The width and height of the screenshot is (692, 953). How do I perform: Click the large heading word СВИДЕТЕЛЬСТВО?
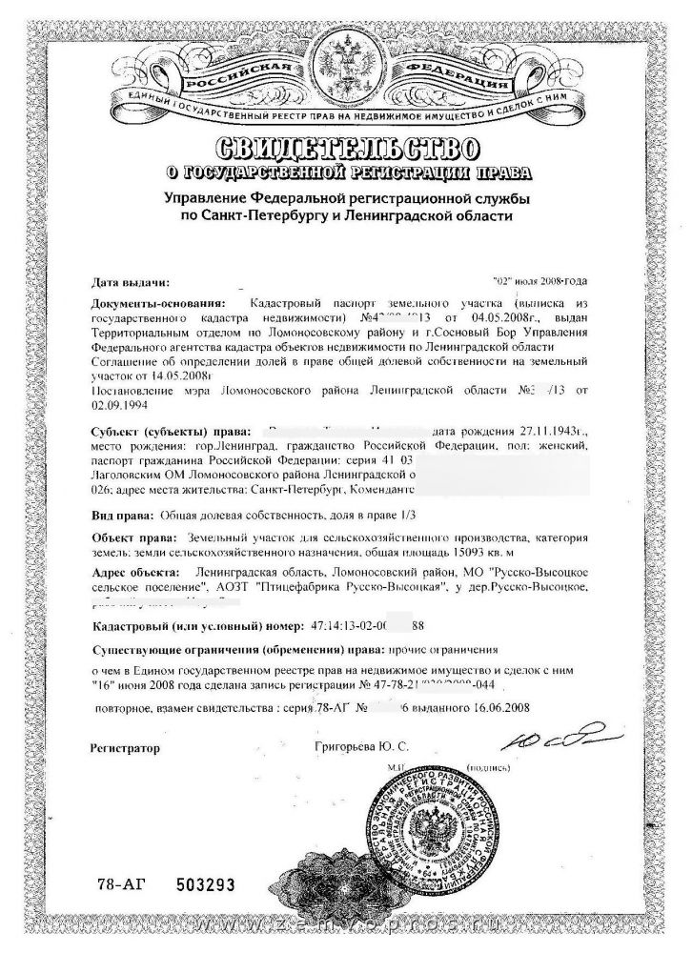click(x=346, y=149)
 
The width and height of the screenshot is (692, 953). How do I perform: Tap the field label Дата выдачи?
click(x=132, y=282)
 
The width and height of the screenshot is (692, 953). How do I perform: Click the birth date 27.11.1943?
click(x=540, y=431)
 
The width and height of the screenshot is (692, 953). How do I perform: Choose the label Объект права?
click(x=130, y=537)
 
